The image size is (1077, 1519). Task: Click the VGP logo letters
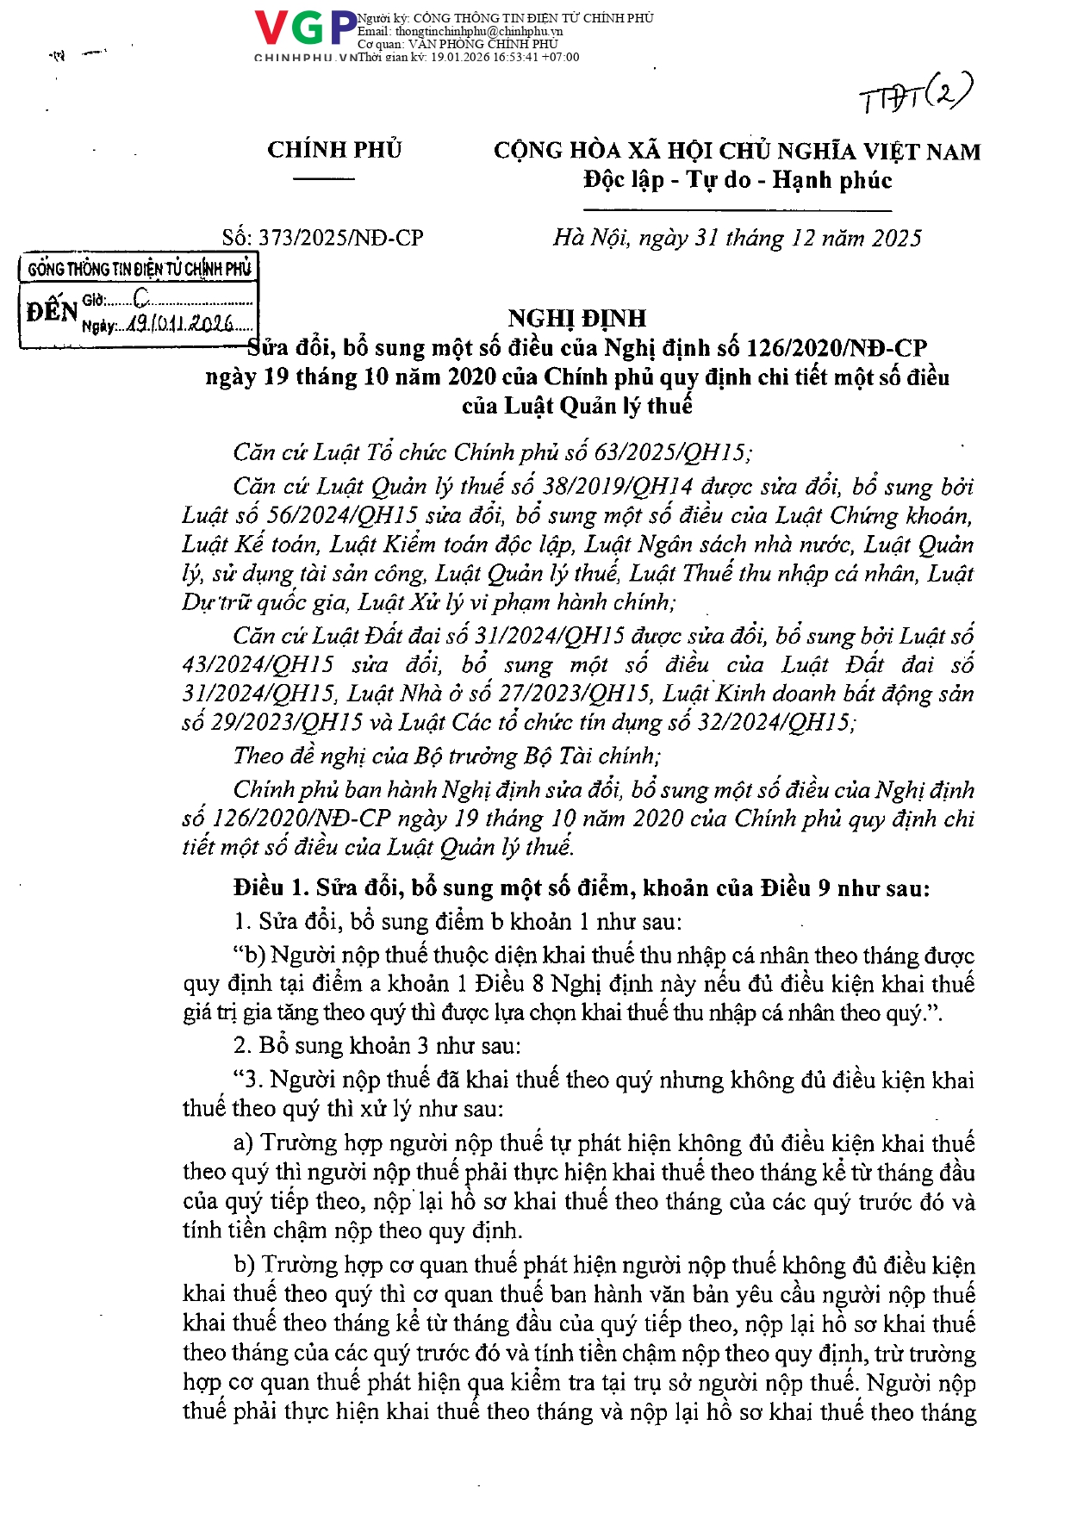306,28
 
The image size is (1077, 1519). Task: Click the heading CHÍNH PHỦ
334,150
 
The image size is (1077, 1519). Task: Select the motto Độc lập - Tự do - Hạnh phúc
738,180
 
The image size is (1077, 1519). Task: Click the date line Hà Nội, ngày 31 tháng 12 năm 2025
738,238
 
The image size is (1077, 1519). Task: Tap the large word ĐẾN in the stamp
52,311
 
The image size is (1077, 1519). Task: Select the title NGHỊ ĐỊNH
576,318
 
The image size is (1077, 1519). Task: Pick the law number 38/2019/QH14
618,487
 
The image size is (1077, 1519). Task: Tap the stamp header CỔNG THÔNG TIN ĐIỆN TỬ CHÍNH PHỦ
139,269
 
